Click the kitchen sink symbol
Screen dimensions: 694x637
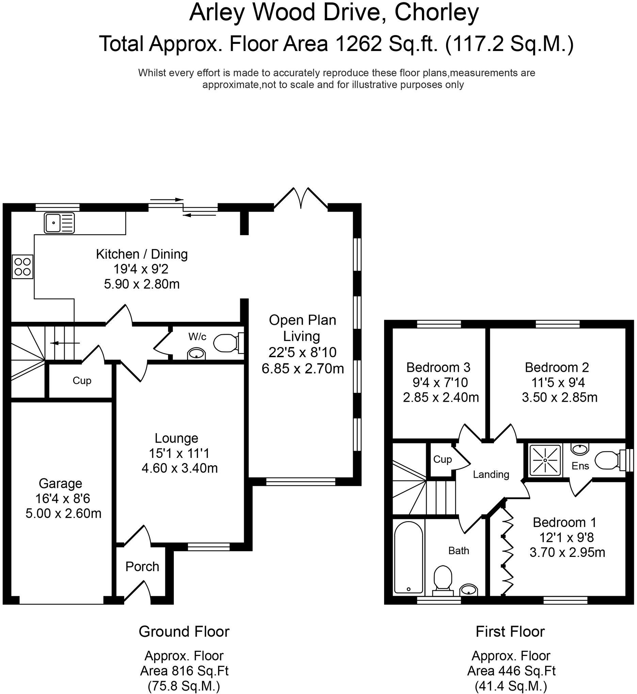59,223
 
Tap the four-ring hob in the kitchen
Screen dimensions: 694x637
23,267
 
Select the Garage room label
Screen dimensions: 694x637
60,483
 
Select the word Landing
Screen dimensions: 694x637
490,475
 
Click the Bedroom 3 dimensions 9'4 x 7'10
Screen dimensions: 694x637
440,382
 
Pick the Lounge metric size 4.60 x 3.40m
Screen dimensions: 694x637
179,468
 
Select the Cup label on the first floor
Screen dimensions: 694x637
442,459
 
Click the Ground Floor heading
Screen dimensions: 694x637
184,632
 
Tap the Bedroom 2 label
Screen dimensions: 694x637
556,367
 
